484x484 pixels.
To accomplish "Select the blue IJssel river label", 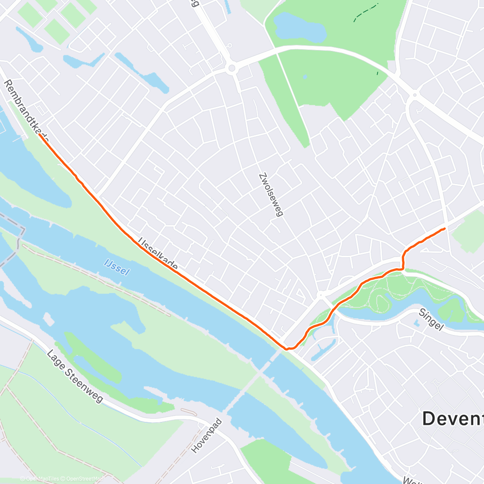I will pos(117,267).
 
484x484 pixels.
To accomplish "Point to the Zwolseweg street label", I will pos(270,195).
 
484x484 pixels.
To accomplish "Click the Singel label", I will pos(431,319).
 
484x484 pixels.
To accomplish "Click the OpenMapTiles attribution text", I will pos(42,479).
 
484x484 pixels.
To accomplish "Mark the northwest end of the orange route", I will pos(40,136).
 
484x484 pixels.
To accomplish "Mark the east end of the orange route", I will pos(444,229).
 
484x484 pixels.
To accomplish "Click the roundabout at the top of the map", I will pos(232,68).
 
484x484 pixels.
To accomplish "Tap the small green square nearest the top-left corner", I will pos(29,15).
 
